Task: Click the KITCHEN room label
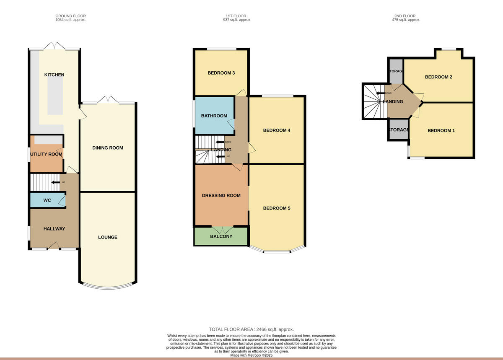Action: (54, 75)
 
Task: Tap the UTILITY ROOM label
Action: (46, 154)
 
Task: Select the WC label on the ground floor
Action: (47, 200)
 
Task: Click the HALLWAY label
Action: (54, 229)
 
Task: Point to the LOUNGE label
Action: (108, 237)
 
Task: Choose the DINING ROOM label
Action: (108, 148)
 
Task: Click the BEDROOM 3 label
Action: (221, 73)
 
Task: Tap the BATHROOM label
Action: (214, 116)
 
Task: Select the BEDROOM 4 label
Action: (277, 130)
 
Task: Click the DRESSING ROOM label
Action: (221, 195)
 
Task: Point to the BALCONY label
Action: (221, 236)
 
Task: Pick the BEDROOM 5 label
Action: (277, 208)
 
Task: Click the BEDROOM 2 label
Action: (438, 77)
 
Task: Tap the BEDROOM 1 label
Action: (441, 131)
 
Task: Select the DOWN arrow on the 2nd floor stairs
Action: (381, 93)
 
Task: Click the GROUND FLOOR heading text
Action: (70, 16)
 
